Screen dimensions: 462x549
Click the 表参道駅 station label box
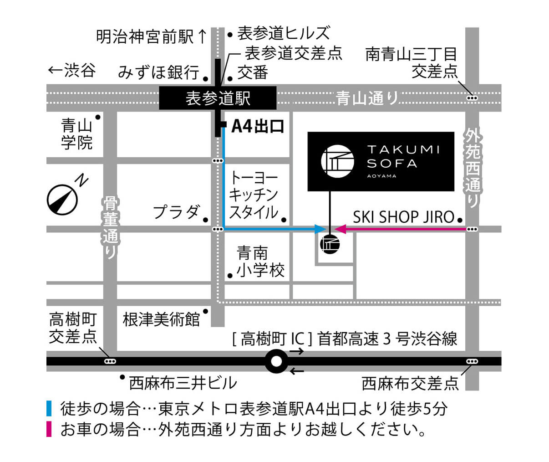tap(218, 98)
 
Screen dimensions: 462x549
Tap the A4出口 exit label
tap(258, 126)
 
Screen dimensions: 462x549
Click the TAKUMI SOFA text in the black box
tap(403, 156)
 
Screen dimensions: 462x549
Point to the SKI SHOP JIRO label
tap(403, 217)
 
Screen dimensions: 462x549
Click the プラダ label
tap(176, 212)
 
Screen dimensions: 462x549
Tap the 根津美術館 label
tap(161, 319)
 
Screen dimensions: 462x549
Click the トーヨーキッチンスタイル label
tap(254, 195)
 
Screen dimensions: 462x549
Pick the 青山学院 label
tap(76, 134)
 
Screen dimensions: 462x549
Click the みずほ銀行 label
tap(158, 72)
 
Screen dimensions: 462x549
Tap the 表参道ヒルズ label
tap(283, 33)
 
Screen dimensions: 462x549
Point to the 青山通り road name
tap(367, 98)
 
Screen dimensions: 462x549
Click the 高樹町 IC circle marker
tap(276, 362)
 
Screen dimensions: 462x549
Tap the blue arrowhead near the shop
tap(320, 229)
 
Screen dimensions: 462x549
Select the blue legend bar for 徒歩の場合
tap(49, 408)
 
